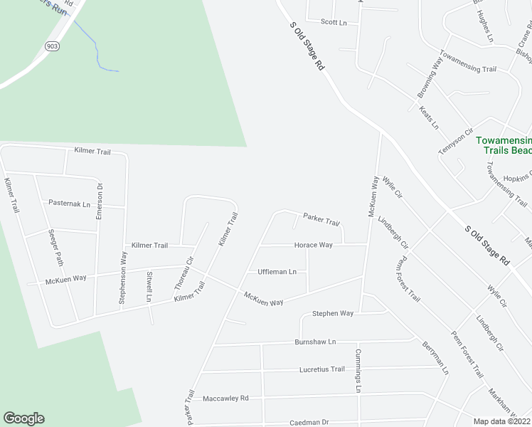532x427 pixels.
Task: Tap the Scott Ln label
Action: pos(334,23)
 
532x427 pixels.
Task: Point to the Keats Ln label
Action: pos(430,117)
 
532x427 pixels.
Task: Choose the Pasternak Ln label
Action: pos(70,204)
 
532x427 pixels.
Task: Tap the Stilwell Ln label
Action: pos(149,286)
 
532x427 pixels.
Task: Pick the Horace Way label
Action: pos(314,245)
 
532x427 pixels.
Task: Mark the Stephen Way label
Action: pos(333,313)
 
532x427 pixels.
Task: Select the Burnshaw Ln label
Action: pos(315,342)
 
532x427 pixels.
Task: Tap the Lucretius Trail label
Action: pos(321,369)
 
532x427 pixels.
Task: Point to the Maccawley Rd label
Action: pos(225,398)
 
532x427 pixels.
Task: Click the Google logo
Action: pos(23,418)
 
